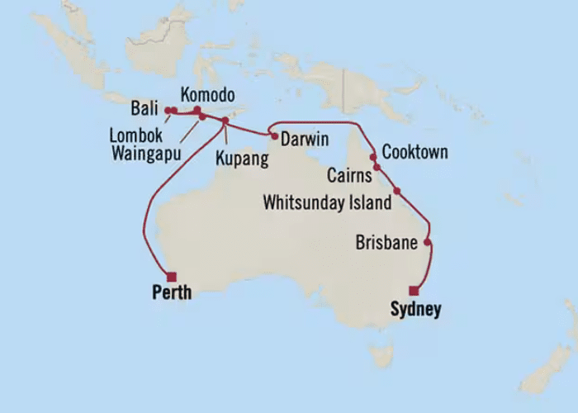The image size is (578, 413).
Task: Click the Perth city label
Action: pos(172,292)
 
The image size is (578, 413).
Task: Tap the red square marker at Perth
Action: pos(172,277)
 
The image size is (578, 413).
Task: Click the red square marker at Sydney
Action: pos(414,290)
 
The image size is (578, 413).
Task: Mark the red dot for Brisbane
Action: pos(427,242)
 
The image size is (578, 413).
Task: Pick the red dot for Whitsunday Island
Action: pos(397,191)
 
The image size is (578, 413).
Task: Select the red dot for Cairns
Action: pos(377,168)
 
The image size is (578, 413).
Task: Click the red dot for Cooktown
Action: pos(373,156)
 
